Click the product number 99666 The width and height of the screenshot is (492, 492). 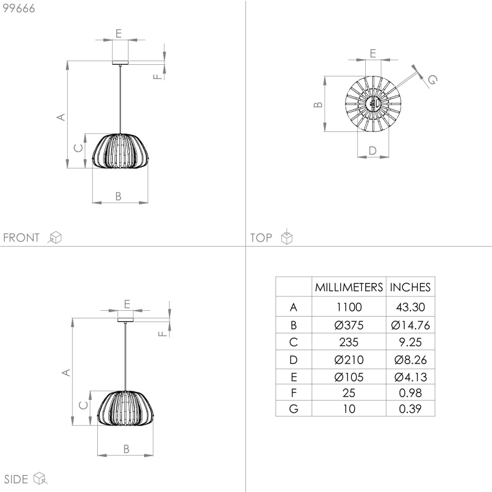click(19, 8)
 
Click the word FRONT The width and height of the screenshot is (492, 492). click(21, 237)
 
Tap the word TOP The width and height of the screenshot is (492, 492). click(261, 237)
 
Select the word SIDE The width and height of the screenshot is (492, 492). click(16, 479)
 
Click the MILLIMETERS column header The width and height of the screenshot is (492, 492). click(349, 287)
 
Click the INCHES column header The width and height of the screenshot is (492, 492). click(410, 287)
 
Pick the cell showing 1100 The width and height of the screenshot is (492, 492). click(349, 307)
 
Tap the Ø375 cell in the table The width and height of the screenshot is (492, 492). click(349, 325)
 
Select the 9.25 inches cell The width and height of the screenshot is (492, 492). click(410, 342)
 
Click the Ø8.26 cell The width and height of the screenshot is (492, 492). click(410, 359)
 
